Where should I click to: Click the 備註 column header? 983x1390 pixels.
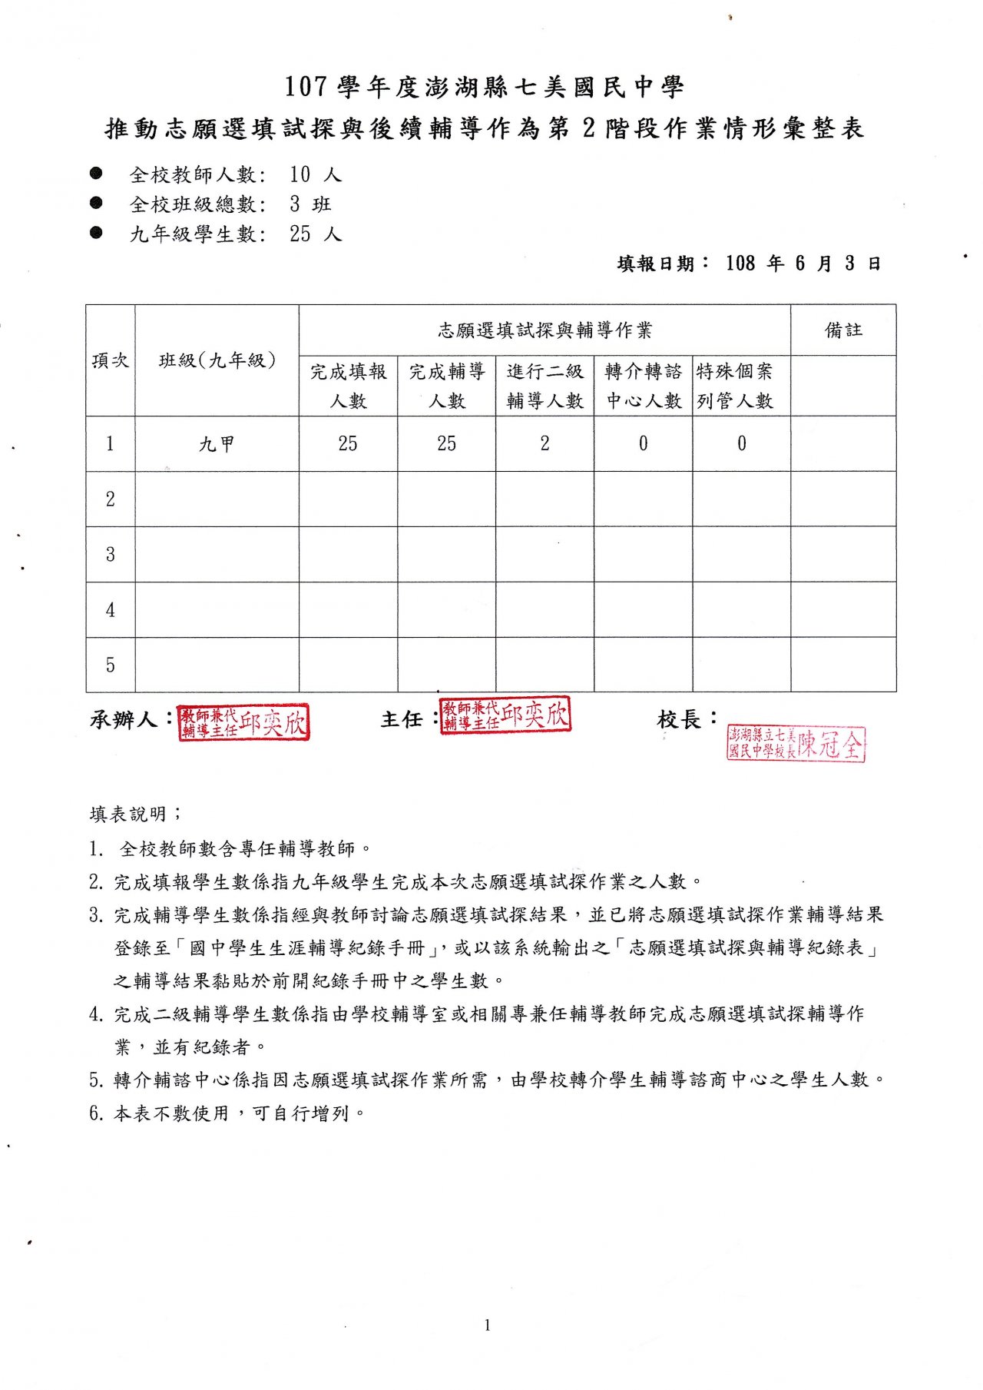tap(843, 330)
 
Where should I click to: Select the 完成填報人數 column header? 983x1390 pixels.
tap(348, 386)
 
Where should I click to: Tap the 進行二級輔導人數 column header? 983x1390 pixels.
tap(544, 386)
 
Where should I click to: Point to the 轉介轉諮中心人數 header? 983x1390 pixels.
tap(644, 386)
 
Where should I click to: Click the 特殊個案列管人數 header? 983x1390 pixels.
tap(735, 386)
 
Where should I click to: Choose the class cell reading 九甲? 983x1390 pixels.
tap(217, 444)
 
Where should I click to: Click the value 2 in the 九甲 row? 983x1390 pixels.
tap(544, 444)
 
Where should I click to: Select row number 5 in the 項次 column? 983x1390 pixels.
tap(111, 665)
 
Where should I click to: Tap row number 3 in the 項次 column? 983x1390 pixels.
tap(111, 554)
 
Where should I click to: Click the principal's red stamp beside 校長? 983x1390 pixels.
tap(796, 744)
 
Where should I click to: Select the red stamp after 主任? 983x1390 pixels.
tap(505, 715)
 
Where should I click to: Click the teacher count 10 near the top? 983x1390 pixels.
tap(300, 174)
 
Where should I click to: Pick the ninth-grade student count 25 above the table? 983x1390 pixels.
tap(300, 234)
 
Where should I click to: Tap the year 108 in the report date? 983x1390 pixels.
tap(740, 264)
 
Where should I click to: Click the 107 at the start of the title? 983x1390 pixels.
tap(306, 87)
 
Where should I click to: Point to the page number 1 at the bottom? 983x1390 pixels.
tap(487, 1325)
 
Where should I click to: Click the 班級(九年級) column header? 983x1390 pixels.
tap(217, 360)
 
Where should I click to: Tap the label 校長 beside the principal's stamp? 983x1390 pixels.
tap(679, 720)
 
